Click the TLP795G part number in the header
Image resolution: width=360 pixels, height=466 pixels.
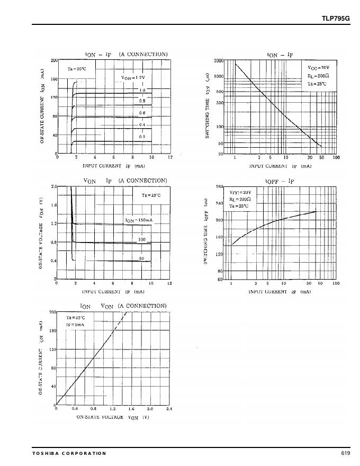click(x=336, y=19)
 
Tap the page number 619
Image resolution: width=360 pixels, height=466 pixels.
click(x=346, y=453)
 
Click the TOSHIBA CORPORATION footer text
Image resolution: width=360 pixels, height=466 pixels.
click(x=69, y=453)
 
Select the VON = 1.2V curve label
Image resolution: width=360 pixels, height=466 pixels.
click(x=133, y=78)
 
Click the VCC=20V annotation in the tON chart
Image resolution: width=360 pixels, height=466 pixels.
click(x=318, y=68)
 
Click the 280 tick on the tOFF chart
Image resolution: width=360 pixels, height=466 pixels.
click(x=220, y=187)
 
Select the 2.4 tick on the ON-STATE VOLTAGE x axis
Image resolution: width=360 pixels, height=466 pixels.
click(x=169, y=409)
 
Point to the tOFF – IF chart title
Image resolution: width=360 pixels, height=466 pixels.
click(x=280, y=181)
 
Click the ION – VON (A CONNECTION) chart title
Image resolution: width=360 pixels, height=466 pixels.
click(x=123, y=306)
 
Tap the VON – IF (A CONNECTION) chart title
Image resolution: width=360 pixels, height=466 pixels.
click(x=125, y=181)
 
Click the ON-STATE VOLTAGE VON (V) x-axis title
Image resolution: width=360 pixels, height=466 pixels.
click(x=113, y=417)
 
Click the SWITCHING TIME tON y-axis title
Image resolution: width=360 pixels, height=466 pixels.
click(x=207, y=106)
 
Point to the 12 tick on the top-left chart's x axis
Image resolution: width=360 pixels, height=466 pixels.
click(x=170, y=157)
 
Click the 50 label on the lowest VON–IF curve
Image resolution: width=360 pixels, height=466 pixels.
click(x=142, y=258)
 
